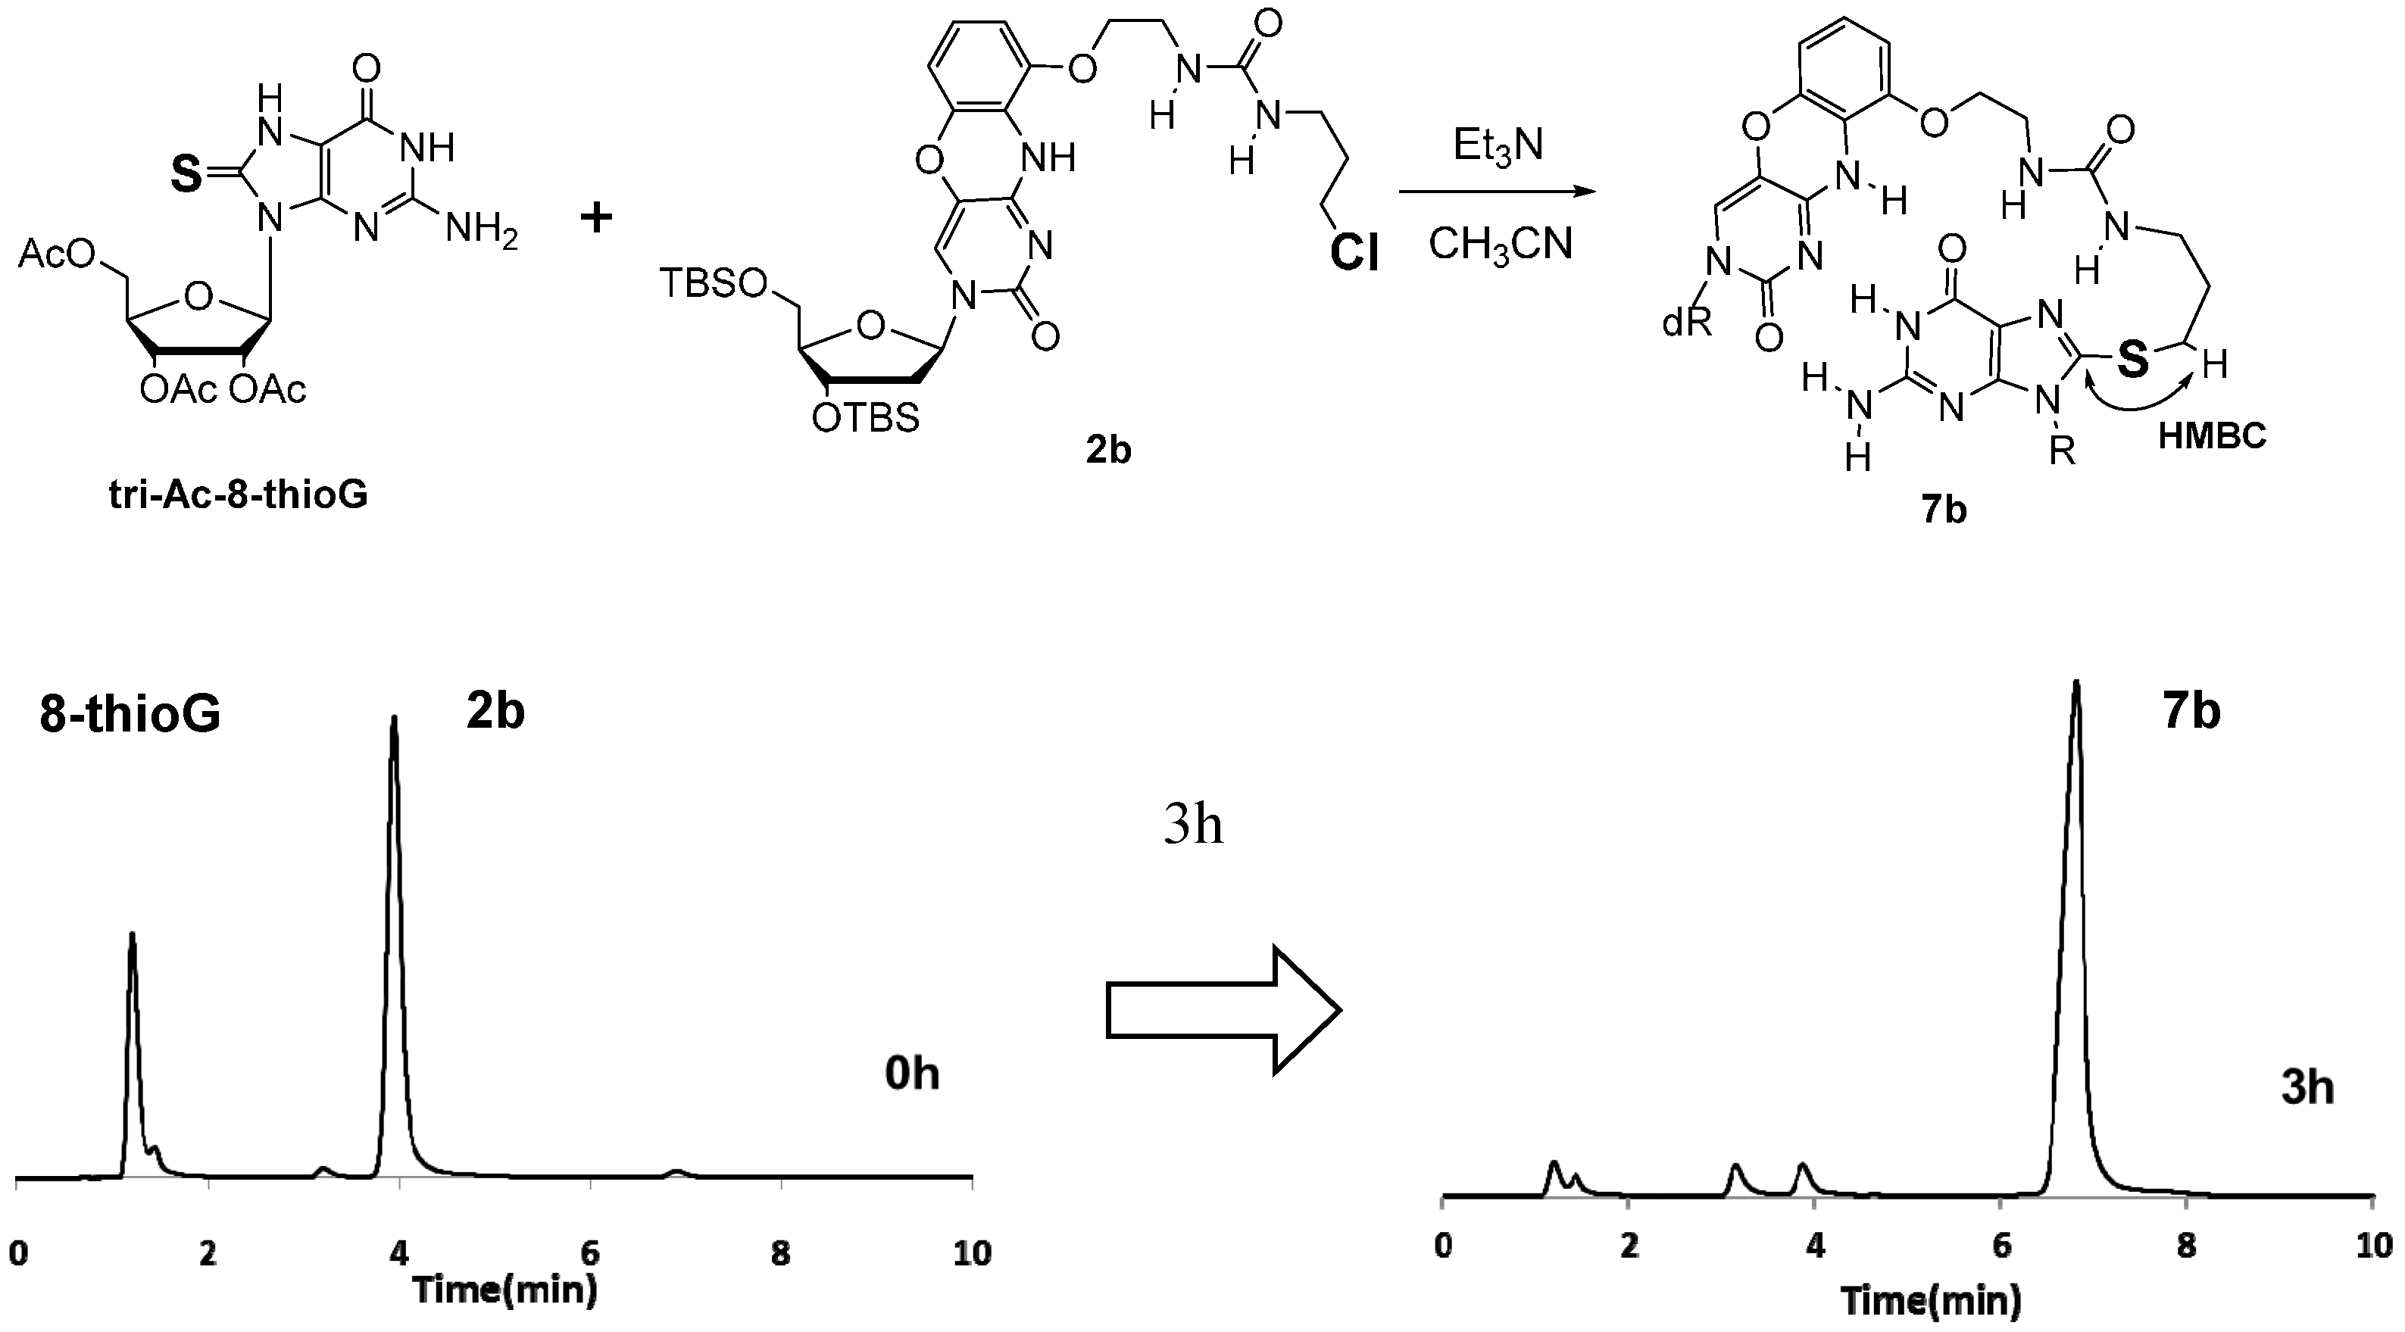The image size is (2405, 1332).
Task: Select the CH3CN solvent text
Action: [1501, 245]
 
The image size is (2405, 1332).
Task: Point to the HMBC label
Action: [2212, 436]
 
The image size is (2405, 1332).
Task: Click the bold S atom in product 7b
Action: [2132, 358]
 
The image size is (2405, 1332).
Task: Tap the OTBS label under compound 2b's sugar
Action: [864, 417]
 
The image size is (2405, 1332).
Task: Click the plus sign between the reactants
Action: [597, 218]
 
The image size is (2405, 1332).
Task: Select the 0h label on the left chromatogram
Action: [911, 1075]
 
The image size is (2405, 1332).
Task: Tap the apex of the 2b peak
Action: [394, 719]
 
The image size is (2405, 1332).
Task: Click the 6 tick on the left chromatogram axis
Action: [590, 1252]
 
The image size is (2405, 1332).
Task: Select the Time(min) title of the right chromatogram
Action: [1931, 1299]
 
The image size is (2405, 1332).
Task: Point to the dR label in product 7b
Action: [1686, 323]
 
